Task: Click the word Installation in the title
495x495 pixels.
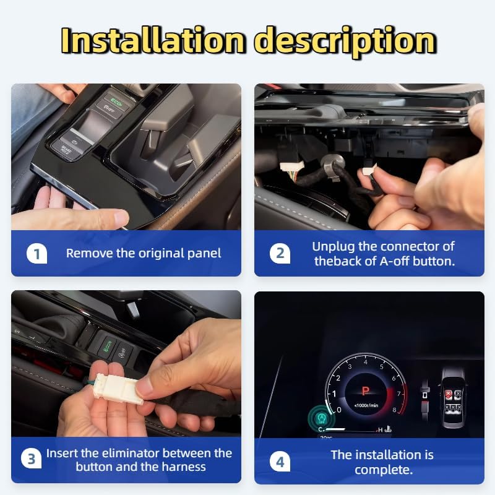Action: [153, 40]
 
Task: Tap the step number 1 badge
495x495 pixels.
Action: [37, 254]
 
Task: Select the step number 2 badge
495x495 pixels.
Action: [280, 254]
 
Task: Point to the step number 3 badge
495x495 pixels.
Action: [32, 458]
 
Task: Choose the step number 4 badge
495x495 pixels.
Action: [280, 462]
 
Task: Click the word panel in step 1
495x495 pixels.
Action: [204, 254]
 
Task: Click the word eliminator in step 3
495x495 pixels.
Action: [128, 453]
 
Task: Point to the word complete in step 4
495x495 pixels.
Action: [384, 470]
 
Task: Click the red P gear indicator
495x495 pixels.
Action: [366, 392]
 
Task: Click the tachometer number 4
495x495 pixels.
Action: [366, 362]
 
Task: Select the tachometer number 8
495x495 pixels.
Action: [394, 410]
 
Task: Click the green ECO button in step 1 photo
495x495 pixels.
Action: [116, 101]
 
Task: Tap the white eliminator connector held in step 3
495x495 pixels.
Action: [119, 389]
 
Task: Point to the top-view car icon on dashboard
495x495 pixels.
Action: [454, 397]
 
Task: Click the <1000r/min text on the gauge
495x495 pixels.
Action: [366, 405]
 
